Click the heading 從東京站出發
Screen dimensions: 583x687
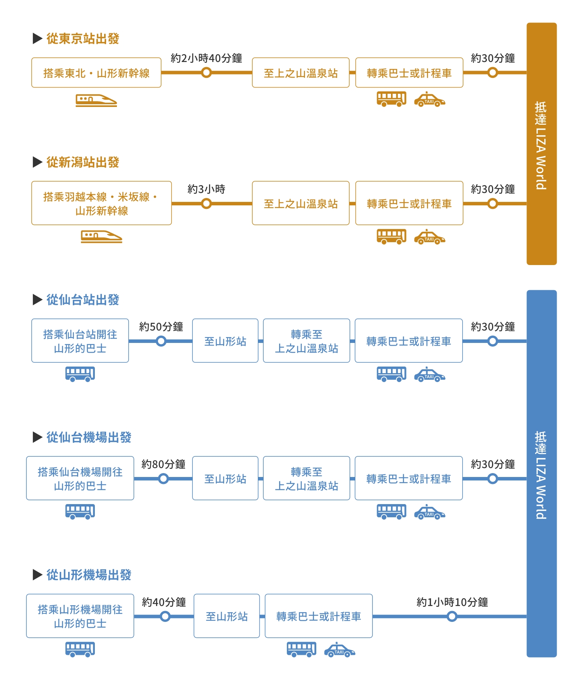coord(82,39)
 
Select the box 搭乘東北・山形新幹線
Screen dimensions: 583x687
coord(96,72)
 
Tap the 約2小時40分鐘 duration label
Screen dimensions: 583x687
coord(206,58)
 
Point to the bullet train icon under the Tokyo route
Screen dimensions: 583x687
coord(96,100)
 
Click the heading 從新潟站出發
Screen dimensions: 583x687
coord(82,162)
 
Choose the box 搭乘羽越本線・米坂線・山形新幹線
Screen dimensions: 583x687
coord(101,203)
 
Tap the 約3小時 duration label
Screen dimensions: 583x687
coord(206,189)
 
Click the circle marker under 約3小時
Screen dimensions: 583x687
coord(207,203)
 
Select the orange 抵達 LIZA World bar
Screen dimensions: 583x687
coord(542,144)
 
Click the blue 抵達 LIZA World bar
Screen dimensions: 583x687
coord(542,473)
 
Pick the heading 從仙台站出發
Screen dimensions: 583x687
coord(82,300)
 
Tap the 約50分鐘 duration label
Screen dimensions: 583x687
coord(161,327)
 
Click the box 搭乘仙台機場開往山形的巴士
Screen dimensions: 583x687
coord(80,478)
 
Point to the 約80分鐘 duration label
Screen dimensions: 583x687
coord(163,464)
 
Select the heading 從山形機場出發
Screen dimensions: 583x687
coord(89,575)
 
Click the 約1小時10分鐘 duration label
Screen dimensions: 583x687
coord(452,602)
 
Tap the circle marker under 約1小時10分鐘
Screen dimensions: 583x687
coord(452,616)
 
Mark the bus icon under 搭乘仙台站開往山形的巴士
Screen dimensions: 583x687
coord(80,374)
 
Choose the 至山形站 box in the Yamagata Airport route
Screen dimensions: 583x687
coord(227,616)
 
